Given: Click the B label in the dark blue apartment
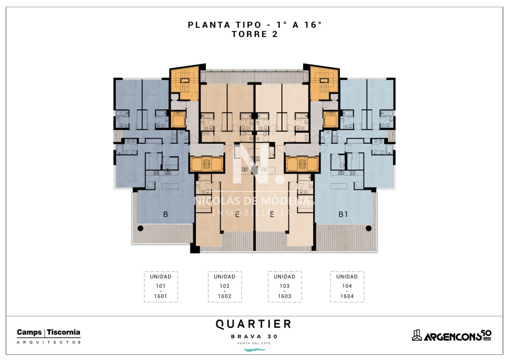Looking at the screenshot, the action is tap(166, 214).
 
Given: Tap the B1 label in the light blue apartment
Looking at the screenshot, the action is tap(343, 214).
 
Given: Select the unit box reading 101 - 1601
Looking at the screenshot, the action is tap(161, 287).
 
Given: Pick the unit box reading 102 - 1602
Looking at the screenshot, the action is tap(225, 287).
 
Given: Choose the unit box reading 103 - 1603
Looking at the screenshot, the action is tap(285, 287).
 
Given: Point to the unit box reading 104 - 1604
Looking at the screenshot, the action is tap(347, 287).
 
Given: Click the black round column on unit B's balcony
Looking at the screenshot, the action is tap(140, 228).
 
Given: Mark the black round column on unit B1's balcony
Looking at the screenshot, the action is tap(369, 228).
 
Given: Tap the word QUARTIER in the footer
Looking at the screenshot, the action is tap(253, 324).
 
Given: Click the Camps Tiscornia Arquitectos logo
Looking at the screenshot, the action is tap(49, 336).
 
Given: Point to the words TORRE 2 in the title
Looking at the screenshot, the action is tap(255, 34).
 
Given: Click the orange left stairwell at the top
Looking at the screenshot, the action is tap(185, 84).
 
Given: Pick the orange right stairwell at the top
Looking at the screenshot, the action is tap(324, 84).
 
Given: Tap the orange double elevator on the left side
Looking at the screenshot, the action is tap(207, 164).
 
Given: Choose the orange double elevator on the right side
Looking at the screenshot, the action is tap(302, 164).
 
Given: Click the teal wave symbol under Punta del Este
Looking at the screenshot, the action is tap(255, 350).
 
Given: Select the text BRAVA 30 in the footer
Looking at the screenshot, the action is tap(254, 336).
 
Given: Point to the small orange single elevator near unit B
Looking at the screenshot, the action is tap(178, 119).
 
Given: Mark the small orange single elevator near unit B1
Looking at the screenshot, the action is tap(330, 119).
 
